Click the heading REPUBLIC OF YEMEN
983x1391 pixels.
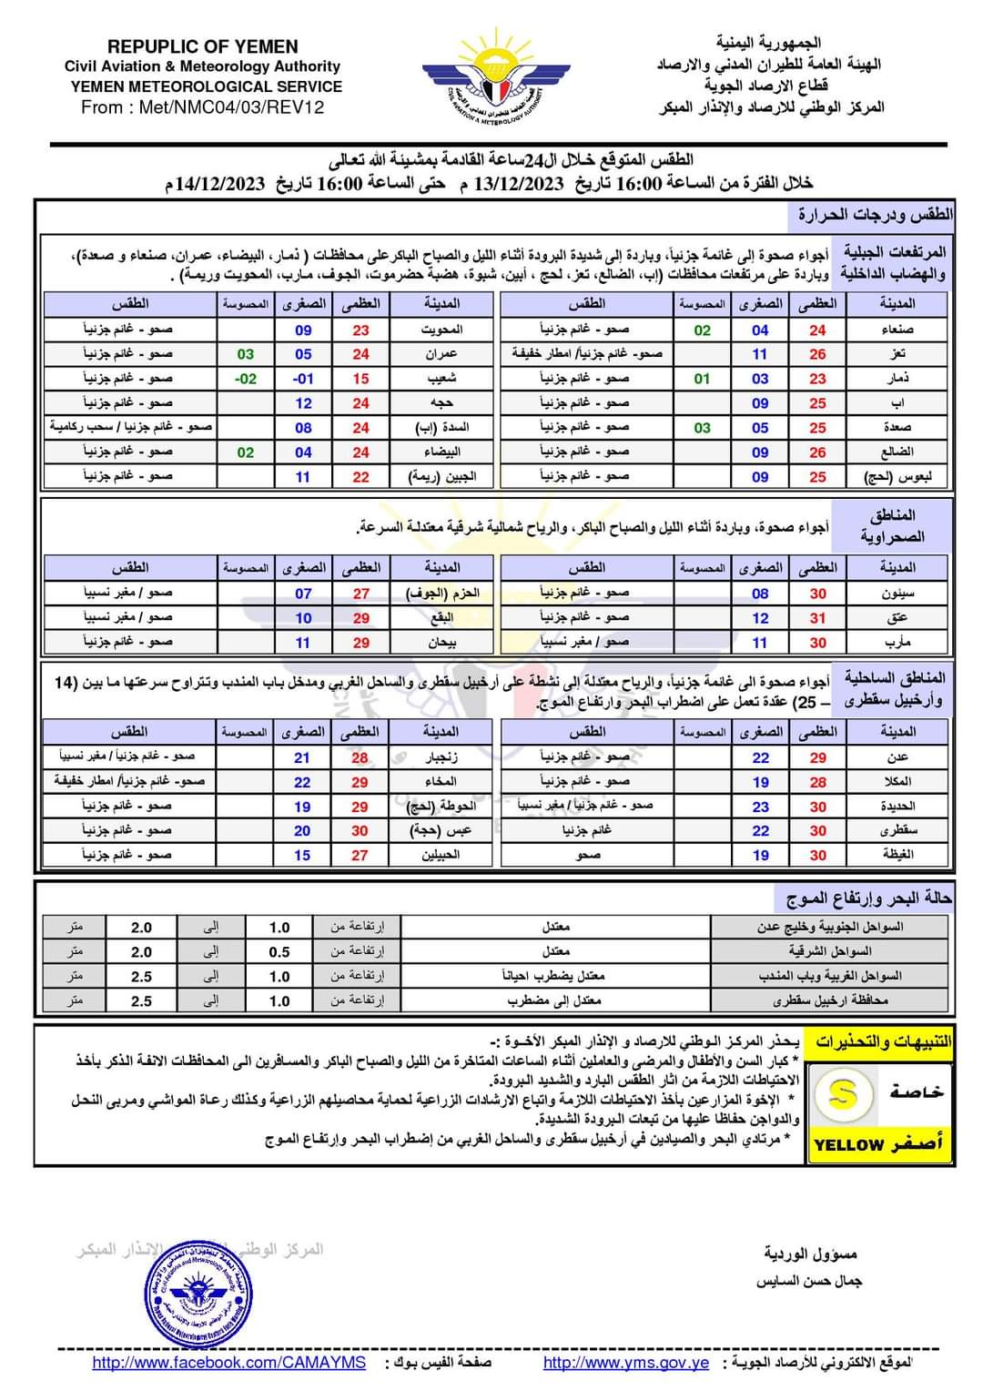click(202, 46)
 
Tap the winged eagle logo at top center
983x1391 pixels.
click(496, 77)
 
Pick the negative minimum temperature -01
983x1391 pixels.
click(303, 379)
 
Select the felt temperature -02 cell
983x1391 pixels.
click(246, 379)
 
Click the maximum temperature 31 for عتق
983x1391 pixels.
click(817, 618)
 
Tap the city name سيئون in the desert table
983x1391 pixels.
click(897, 594)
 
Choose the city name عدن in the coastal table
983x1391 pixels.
click(897, 757)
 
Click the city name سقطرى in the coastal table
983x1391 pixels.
click(897, 830)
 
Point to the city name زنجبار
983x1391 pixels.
click(441, 757)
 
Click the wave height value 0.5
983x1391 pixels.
click(279, 952)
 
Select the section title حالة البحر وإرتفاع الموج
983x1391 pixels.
click(868, 899)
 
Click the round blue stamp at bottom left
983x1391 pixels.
click(198, 1294)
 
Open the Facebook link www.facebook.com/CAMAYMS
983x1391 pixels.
click(228, 1363)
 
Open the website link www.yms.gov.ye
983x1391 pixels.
click(625, 1363)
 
